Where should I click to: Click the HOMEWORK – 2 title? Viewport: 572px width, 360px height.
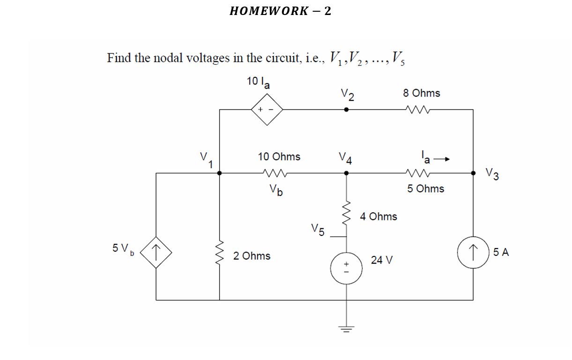[280, 11]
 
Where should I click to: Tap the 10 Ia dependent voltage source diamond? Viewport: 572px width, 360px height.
[267, 110]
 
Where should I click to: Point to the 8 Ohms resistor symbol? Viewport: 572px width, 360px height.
[418, 110]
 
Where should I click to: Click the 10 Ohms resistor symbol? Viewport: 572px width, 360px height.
[275, 173]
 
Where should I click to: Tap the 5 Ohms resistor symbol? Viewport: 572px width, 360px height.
[418, 173]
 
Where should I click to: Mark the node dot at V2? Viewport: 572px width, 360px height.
[346, 110]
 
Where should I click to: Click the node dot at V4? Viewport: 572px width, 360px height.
[346, 173]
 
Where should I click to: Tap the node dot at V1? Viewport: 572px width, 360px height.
[220, 173]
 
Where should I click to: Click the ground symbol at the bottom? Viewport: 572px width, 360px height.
[346, 329]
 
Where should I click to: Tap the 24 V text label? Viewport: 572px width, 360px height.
[382, 260]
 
